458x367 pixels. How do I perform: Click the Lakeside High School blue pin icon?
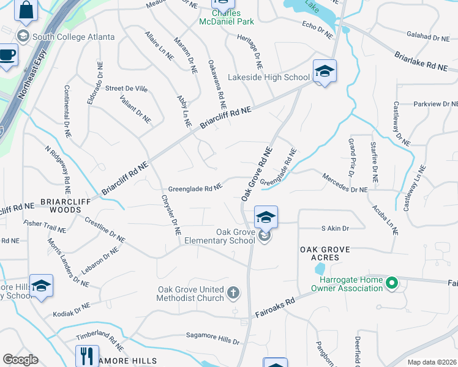click(x=324, y=72)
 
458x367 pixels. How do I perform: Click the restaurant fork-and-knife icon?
click(x=87, y=355)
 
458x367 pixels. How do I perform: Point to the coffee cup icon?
click(x=8, y=55)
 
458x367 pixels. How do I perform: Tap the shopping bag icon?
click(x=26, y=10)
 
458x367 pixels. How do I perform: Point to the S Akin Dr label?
click(x=335, y=228)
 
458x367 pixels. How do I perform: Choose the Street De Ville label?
click(x=126, y=89)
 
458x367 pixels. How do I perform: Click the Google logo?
click(x=20, y=360)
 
